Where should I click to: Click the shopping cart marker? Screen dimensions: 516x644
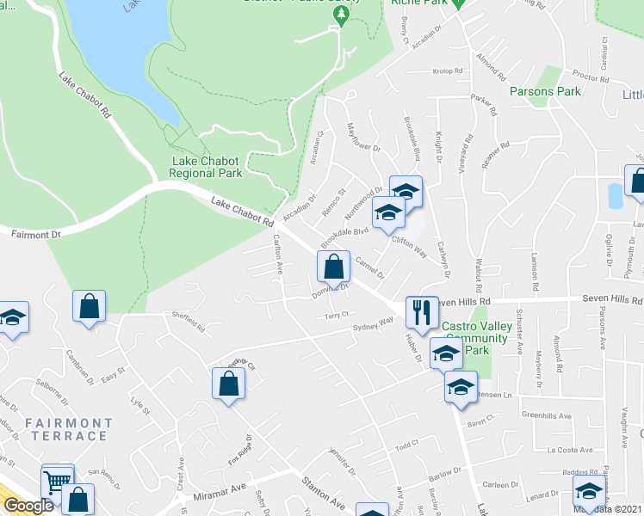(58, 482)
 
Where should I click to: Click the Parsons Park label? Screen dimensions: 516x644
(545, 91)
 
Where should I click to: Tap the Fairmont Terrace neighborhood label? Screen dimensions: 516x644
(68, 429)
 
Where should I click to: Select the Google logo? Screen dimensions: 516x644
(28, 506)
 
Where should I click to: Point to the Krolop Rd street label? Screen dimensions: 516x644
(448, 71)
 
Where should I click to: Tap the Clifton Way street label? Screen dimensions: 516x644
(410, 248)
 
